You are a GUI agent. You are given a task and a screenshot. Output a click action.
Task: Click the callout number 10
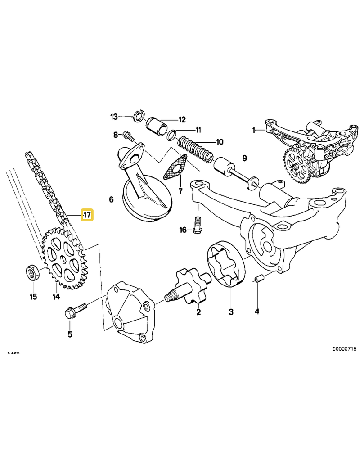pyautogui.click(x=219, y=142)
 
